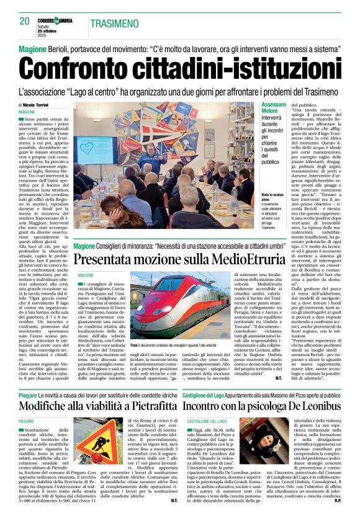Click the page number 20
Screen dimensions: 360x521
tap(25, 22)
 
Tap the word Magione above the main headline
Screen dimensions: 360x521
tap(32, 49)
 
